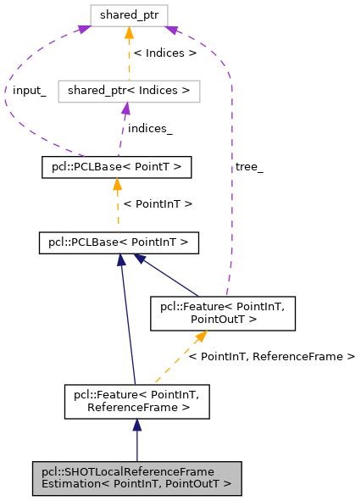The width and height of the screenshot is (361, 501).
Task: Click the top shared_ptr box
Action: (131, 15)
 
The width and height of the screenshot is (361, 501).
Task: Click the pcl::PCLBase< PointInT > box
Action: (119, 243)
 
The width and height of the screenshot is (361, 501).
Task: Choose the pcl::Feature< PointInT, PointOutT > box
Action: (222, 313)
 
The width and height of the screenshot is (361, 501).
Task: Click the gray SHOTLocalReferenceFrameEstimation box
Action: (137, 479)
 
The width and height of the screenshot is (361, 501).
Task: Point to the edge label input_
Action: (29, 91)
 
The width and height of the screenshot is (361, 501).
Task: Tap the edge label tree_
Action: (250, 167)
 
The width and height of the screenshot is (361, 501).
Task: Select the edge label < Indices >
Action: (161, 53)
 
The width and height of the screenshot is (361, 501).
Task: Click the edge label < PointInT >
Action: (158, 205)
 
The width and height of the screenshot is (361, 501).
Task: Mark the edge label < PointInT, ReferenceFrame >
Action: (270, 357)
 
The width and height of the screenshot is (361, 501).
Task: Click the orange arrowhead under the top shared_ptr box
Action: (130, 33)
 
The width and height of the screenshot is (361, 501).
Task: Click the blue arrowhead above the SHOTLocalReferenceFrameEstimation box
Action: (137, 429)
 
